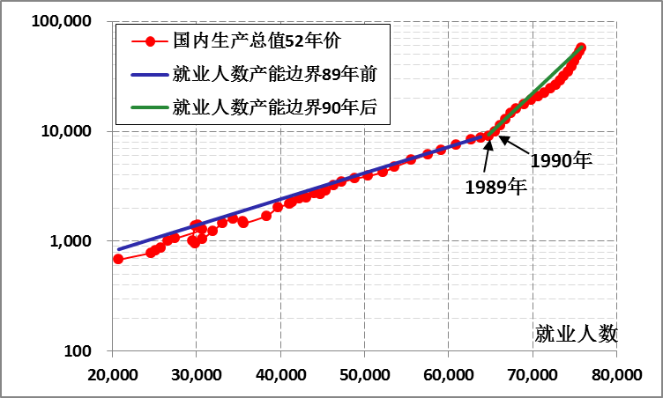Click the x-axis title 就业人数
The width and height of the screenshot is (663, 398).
pos(575,334)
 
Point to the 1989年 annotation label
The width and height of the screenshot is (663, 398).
pos(495,187)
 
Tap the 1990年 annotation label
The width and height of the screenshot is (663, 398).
pos(560,161)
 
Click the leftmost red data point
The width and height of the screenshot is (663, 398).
pos(118,259)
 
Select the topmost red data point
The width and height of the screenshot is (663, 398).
pos(581,48)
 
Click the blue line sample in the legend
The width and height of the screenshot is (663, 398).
pos(147,74)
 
